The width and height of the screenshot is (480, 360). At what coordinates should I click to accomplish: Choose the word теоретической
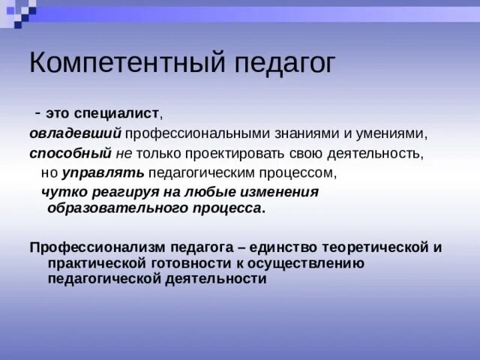point(376,247)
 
